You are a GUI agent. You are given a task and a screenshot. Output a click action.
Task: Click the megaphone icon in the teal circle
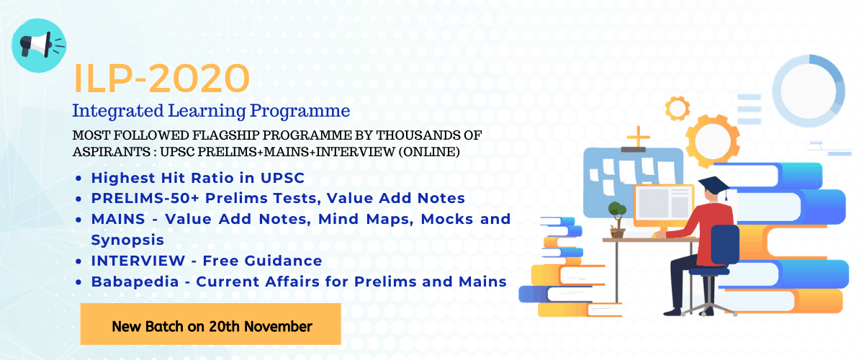pos(39,45)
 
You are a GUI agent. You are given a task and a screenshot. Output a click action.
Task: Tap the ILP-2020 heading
pos(161,78)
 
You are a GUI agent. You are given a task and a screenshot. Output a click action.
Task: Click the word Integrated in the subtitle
pos(118,111)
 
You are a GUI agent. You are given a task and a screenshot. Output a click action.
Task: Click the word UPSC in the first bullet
pos(282,178)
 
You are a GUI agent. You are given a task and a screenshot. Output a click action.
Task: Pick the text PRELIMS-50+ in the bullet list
pos(145,198)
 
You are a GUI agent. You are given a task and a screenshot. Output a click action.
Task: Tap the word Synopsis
pos(127,240)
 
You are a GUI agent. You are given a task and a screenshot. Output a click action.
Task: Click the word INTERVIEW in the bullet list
pos(138,261)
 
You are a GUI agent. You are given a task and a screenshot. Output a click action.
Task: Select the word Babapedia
pos(135,282)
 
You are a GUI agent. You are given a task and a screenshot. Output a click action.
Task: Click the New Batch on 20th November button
pos(210,324)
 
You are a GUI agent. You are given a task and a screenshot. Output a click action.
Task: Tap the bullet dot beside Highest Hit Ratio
pos(78,179)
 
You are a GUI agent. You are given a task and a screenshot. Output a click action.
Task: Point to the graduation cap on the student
pos(714,185)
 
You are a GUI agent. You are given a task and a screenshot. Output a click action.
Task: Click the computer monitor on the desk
pos(664,205)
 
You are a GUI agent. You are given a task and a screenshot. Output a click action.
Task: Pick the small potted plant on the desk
pos(617,219)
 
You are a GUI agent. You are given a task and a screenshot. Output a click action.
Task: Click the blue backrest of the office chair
pos(725,245)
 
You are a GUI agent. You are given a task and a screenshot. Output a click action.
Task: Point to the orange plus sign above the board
pos(639,137)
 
